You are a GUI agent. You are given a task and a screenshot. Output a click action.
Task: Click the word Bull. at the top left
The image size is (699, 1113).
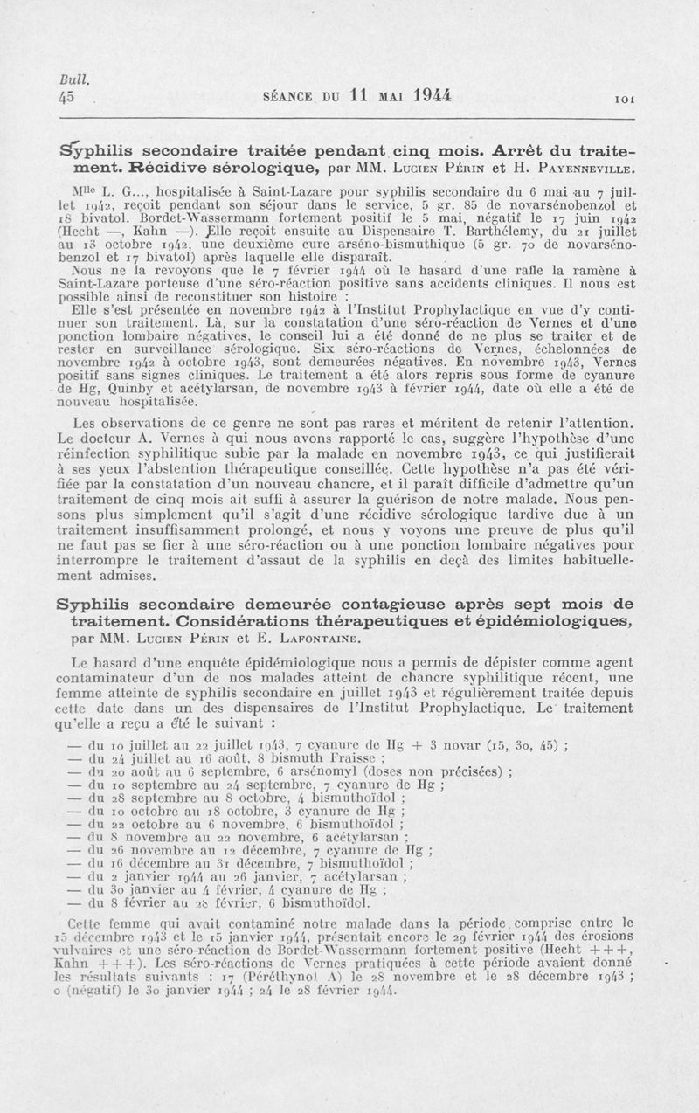pyautogui.click(x=67, y=78)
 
